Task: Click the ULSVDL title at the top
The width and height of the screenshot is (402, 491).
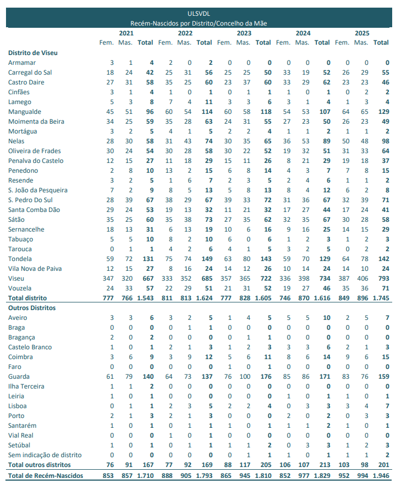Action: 199,13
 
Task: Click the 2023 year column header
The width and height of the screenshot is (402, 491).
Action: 244,33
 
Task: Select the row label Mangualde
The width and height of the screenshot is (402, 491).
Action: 24,112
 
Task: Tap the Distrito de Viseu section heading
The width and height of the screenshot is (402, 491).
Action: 33,53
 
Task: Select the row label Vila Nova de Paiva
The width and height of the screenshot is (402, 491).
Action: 35,269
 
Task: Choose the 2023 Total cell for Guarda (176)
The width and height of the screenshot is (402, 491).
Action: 264,377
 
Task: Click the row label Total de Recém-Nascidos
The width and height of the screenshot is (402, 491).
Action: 45,476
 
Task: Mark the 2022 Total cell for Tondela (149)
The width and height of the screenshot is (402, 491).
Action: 205,259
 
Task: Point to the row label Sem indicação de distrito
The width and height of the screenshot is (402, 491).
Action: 45,455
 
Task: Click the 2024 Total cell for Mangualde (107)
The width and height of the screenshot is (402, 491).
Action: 323,112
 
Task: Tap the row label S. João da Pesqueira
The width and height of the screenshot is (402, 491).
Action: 38,190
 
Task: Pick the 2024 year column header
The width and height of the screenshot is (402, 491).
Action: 303,33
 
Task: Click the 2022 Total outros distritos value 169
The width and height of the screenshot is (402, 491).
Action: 205,465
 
